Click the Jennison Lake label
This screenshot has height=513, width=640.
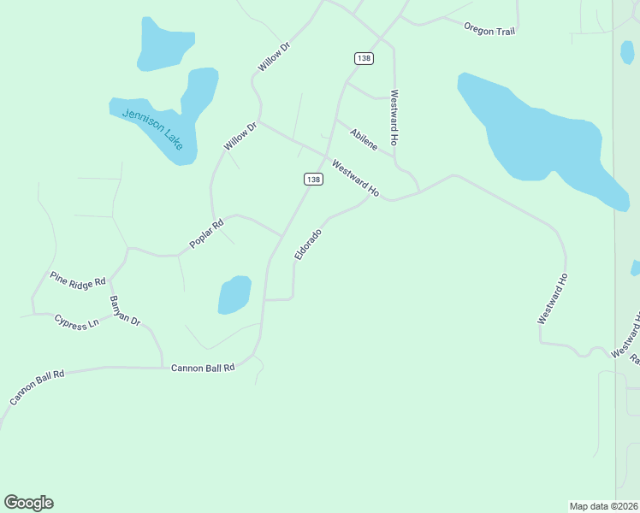click(x=152, y=128)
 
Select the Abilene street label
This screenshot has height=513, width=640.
click(x=364, y=139)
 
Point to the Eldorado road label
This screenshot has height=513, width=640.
click(x=308, y=245)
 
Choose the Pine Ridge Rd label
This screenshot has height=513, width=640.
click(x=77, y=279)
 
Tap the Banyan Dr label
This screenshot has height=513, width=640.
click(x=124, y=310)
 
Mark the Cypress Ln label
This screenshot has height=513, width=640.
click(x=76, y=322)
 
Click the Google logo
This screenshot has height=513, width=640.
click(x=28, y=503)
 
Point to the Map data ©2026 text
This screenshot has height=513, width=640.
click(x=603, y=505)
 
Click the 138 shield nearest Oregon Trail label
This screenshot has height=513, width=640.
click(x=364, y=57)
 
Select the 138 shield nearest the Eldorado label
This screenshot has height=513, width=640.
click(x=313, y=179)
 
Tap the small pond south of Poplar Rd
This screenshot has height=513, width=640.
click(x=234, y=295)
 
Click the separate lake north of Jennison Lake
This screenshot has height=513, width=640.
click(x=163, y=45)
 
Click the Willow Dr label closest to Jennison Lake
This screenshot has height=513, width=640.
click(x=240, y=137)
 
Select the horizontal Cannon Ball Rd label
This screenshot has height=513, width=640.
click(x=203, y=368)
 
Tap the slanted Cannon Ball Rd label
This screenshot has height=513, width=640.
click(x=37, y=388)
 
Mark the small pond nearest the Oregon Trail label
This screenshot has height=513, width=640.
click(x=627, y=51)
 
